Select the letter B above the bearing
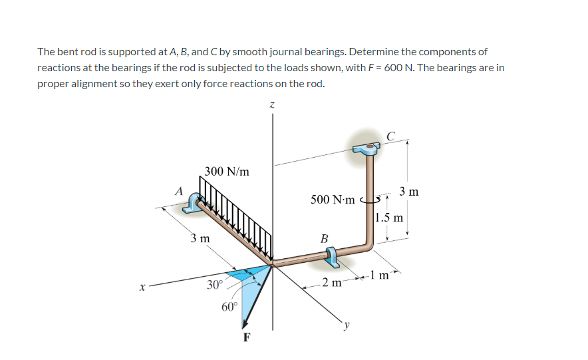324,238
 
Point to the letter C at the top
390,136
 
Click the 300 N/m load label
227,171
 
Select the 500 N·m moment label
333,199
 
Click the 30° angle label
214,285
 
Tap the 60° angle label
229,307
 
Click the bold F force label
247,337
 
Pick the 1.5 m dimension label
388,218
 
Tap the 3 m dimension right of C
409,192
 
